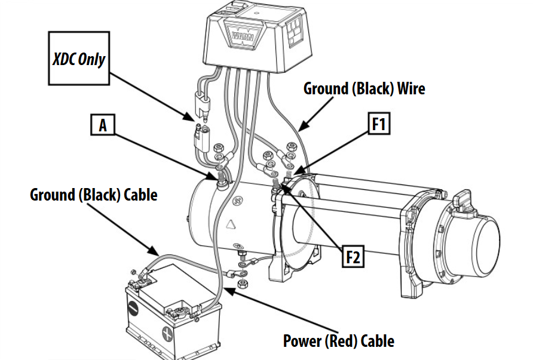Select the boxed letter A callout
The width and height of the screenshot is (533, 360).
[x=103, y=126]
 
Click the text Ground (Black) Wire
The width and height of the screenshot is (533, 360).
[x=364, y=89]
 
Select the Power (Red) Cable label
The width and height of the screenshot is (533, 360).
[x=339, y=341]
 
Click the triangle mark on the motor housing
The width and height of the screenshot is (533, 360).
[x=229, y=224]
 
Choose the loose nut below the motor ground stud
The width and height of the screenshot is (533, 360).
[x=241, y=282]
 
